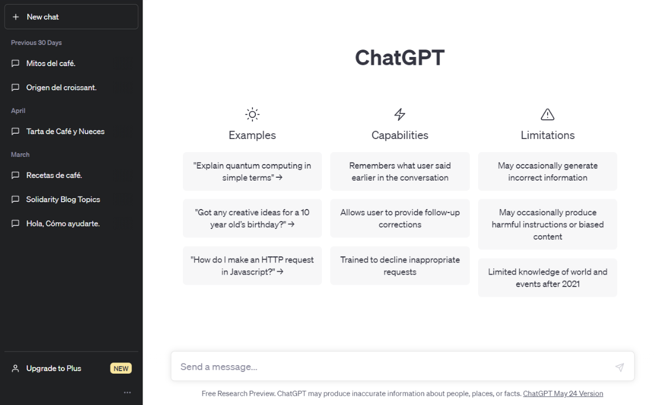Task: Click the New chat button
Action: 71,17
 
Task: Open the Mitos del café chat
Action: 51,63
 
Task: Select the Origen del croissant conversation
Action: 61,88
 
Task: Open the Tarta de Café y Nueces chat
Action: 65,132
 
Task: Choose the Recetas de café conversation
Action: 54,175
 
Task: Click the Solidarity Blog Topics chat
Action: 63,199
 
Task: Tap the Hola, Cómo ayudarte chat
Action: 63,224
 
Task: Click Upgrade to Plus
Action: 54,369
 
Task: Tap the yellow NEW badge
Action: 121,369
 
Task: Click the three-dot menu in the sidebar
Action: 127,392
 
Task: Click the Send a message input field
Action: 393,367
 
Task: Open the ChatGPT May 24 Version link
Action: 562,394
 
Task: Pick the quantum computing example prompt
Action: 252,171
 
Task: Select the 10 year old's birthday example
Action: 252,218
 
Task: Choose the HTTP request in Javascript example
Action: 252,265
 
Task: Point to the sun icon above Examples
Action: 252,114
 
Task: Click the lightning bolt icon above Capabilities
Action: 400,114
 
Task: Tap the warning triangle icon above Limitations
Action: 548,114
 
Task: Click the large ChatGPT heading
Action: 399,58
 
